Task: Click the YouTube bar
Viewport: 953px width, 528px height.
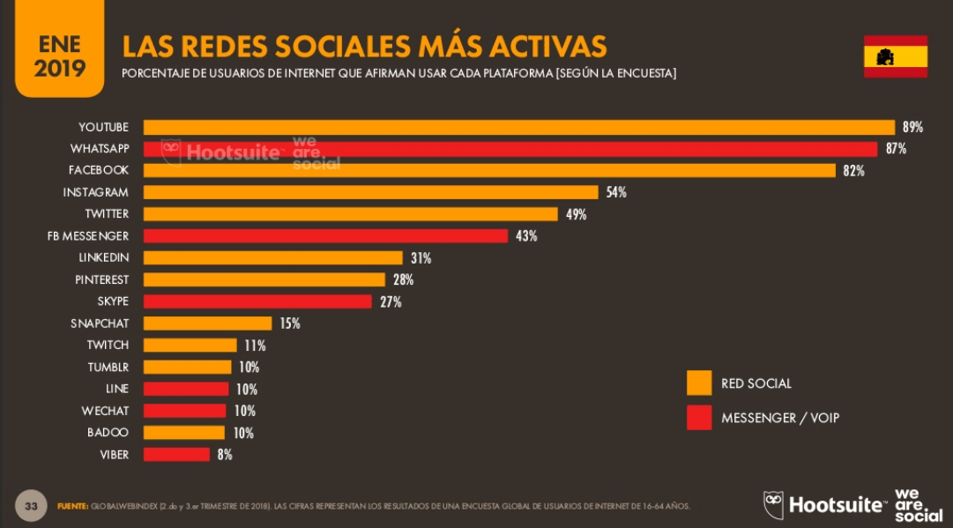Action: click(x=519, y=127)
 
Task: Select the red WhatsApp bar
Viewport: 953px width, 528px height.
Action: click(x=510, y=149)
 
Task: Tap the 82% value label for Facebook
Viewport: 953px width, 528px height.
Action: click(x=853, y=171)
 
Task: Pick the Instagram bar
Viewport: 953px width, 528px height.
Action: click(x=371, y=192)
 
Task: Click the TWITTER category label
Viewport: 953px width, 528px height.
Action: click(x=107, y=214)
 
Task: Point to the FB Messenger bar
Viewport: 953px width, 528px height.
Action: click(x=325, y=236)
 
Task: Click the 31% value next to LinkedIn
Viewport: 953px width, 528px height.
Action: click(x=421, y=258)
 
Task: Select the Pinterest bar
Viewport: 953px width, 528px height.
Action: click(x=264, y=279)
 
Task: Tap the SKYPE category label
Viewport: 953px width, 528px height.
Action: click(x=113, y=301)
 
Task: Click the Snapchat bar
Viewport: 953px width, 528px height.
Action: click(x=207, y=323)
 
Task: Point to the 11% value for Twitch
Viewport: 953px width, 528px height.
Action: click(x=255, y=346)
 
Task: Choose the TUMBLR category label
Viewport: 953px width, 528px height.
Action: click(x=108, y=367)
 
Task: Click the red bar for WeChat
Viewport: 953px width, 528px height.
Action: click(x=184, y=411)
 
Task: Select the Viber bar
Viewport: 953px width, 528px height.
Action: click(x=176, y=455)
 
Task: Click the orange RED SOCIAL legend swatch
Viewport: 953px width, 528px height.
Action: click(x=699, y=383)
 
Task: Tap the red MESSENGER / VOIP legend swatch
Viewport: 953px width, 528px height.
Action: click(x=699, y=418)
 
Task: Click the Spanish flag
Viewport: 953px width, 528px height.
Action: click(x=895, y=57)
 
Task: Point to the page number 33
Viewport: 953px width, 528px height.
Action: click(x=31, y=506)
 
